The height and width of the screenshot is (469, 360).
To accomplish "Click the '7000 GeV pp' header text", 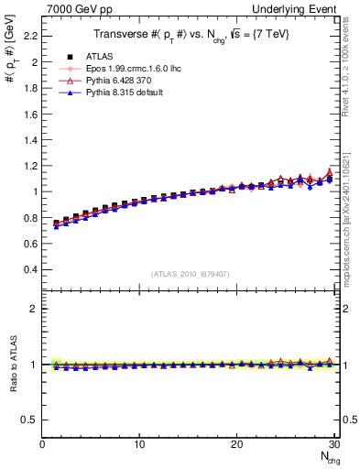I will pos(74,8).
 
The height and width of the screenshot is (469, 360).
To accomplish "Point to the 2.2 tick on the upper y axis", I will pos(31,36).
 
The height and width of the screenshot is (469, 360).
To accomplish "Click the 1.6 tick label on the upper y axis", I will pos(31,114).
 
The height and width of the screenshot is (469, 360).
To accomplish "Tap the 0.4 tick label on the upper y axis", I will pos(31,269).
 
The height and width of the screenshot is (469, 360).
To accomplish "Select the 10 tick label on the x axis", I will pos(139,444).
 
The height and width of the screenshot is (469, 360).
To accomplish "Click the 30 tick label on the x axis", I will pos(333,444).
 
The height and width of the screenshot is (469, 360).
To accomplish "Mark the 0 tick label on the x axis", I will pos(42,444).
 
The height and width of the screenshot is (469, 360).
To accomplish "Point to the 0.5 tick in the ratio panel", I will pos(31,420).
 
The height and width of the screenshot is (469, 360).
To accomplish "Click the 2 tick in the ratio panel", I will pos(35,309).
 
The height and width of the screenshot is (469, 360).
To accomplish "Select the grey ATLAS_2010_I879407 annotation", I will pos(189,274).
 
